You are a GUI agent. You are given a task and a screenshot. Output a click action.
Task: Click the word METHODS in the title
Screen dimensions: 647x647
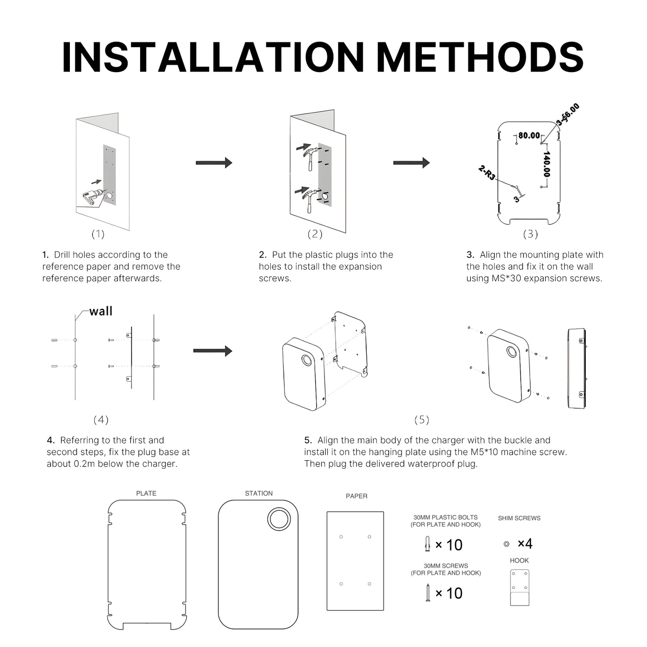point(480,57)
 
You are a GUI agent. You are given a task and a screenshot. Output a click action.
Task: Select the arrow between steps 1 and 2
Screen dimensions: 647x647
point(214,163)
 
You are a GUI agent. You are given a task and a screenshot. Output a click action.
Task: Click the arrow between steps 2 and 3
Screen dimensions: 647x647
point(411,163)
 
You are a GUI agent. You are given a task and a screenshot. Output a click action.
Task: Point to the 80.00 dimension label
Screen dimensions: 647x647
point(529,135)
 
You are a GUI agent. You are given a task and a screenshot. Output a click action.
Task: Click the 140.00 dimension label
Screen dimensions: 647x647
point(547,164)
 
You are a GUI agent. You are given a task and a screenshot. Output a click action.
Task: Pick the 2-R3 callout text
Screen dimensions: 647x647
point(487,172)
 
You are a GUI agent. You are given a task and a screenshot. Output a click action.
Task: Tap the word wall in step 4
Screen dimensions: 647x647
point(101,311)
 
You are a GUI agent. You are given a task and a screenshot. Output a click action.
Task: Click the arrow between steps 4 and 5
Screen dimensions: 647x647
point(213,351)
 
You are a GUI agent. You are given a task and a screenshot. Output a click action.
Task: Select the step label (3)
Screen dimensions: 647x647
point(531,234)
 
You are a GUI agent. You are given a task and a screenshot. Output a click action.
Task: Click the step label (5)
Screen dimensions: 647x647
point(422,420)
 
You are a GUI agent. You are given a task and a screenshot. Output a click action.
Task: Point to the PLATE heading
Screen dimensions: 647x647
point(146,493)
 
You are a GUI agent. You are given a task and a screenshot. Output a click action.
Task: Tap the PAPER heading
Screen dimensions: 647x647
point(356,496)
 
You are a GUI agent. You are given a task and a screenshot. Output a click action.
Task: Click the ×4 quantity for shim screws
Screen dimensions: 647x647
point(525,544)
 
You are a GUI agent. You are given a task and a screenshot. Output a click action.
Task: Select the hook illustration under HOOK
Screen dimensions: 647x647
point(519,587)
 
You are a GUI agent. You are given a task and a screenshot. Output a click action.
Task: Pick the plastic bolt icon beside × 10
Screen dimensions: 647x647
point(427,543)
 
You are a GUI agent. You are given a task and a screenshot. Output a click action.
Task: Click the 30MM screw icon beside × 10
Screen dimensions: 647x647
point(428,593)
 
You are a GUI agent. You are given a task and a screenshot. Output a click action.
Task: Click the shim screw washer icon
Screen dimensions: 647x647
point(506,544)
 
